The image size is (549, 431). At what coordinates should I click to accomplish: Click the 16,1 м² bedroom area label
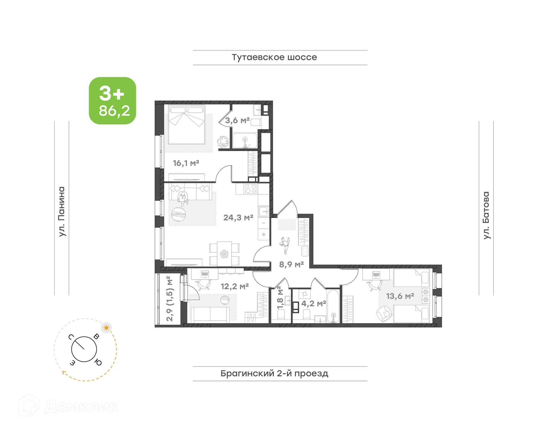186,163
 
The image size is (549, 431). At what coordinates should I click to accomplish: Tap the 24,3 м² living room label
238,218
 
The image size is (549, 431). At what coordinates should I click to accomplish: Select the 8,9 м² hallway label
291,264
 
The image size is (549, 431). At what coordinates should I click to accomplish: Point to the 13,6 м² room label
400,296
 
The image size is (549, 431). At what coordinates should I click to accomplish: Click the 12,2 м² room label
234,286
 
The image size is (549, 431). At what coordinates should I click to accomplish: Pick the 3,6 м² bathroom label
237,120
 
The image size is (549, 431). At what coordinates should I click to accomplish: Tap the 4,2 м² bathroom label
313,303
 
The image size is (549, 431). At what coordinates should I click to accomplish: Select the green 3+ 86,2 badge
112,101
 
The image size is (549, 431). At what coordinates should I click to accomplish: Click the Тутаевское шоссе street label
274,57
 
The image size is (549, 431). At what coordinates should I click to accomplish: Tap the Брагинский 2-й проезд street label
274,373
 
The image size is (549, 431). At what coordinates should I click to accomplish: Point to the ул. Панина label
62,211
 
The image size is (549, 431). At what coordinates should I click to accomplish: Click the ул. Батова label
486,215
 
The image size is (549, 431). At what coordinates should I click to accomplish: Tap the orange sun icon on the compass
106,327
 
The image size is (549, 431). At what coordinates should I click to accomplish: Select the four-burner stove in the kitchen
250,189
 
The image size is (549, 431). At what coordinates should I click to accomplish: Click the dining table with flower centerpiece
224,254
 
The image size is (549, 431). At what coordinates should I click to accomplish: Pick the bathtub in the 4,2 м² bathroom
333,306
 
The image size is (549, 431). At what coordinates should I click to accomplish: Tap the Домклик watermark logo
69,406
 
